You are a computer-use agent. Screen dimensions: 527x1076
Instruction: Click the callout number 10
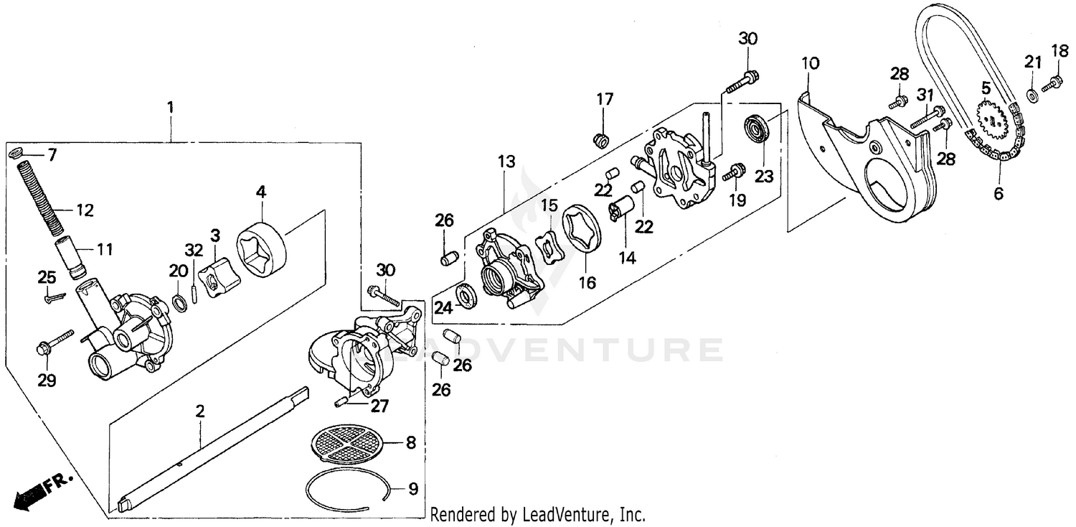click(810, 64)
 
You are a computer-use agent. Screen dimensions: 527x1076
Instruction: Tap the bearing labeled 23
click(756, 129)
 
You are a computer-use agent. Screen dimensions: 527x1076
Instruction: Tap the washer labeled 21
click(1031, 95)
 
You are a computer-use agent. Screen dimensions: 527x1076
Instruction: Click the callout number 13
click(507, 162)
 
